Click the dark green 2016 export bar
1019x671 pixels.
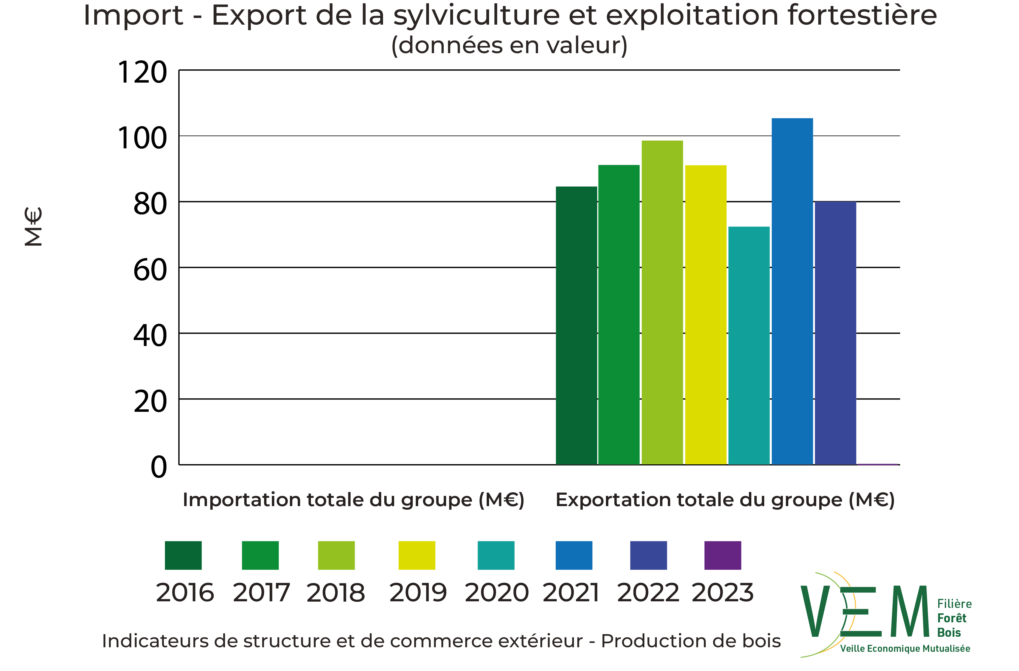tap(576, 325)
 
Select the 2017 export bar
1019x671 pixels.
tap(619, 315)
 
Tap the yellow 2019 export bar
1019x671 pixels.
tap(706, 315)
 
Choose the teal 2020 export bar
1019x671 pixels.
tap(749, 345)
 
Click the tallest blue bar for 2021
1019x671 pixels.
tap(792, 291)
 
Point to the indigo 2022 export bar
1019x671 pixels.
tap(835, 333)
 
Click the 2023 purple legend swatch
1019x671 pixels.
tap(723, 555)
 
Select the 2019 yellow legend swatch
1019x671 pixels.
tap(417, 555)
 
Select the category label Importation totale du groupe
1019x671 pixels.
tap(354, 500)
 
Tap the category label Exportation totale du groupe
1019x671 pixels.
tap(725, 500)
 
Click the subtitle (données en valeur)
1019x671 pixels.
tap(509, 45)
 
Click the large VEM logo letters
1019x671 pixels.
tap(865, 612)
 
